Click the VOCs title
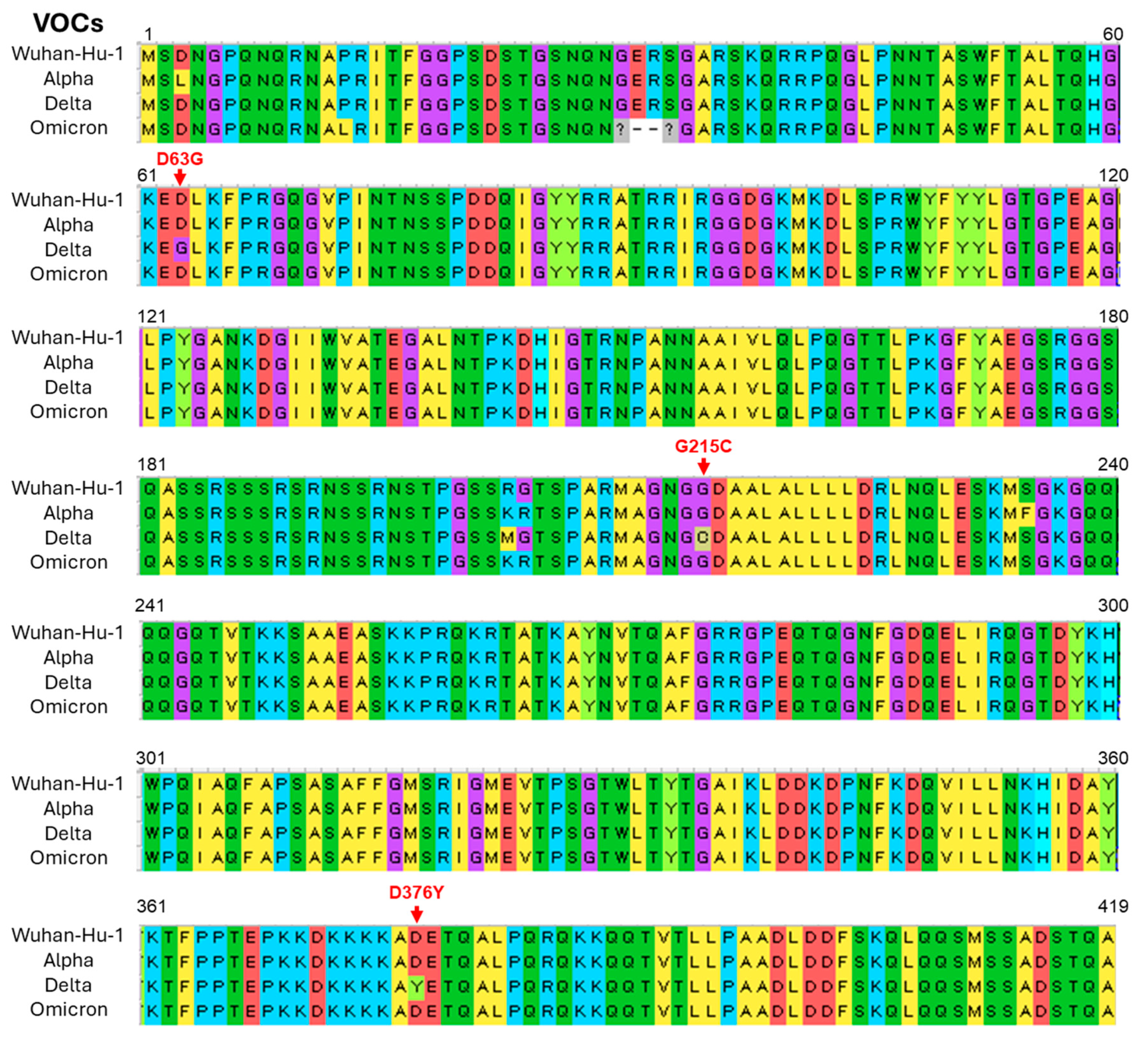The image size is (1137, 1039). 68,23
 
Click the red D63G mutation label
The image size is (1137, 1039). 179,159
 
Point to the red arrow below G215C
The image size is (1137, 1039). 703,466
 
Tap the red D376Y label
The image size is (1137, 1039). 416,893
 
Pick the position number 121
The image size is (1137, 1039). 151,316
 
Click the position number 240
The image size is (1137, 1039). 1113,464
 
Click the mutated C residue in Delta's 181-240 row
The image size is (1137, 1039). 702,538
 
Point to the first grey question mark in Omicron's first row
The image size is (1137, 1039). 620,130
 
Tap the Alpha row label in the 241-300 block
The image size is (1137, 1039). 68,657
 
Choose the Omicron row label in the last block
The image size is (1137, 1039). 68,1009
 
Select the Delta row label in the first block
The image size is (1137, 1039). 68,104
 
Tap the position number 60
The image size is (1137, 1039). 1113,34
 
